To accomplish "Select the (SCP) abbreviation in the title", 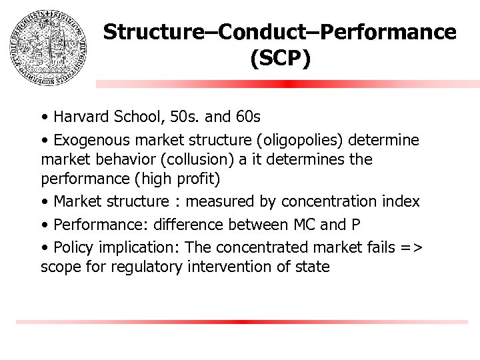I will [280, 59].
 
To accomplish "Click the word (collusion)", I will [206, 161].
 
